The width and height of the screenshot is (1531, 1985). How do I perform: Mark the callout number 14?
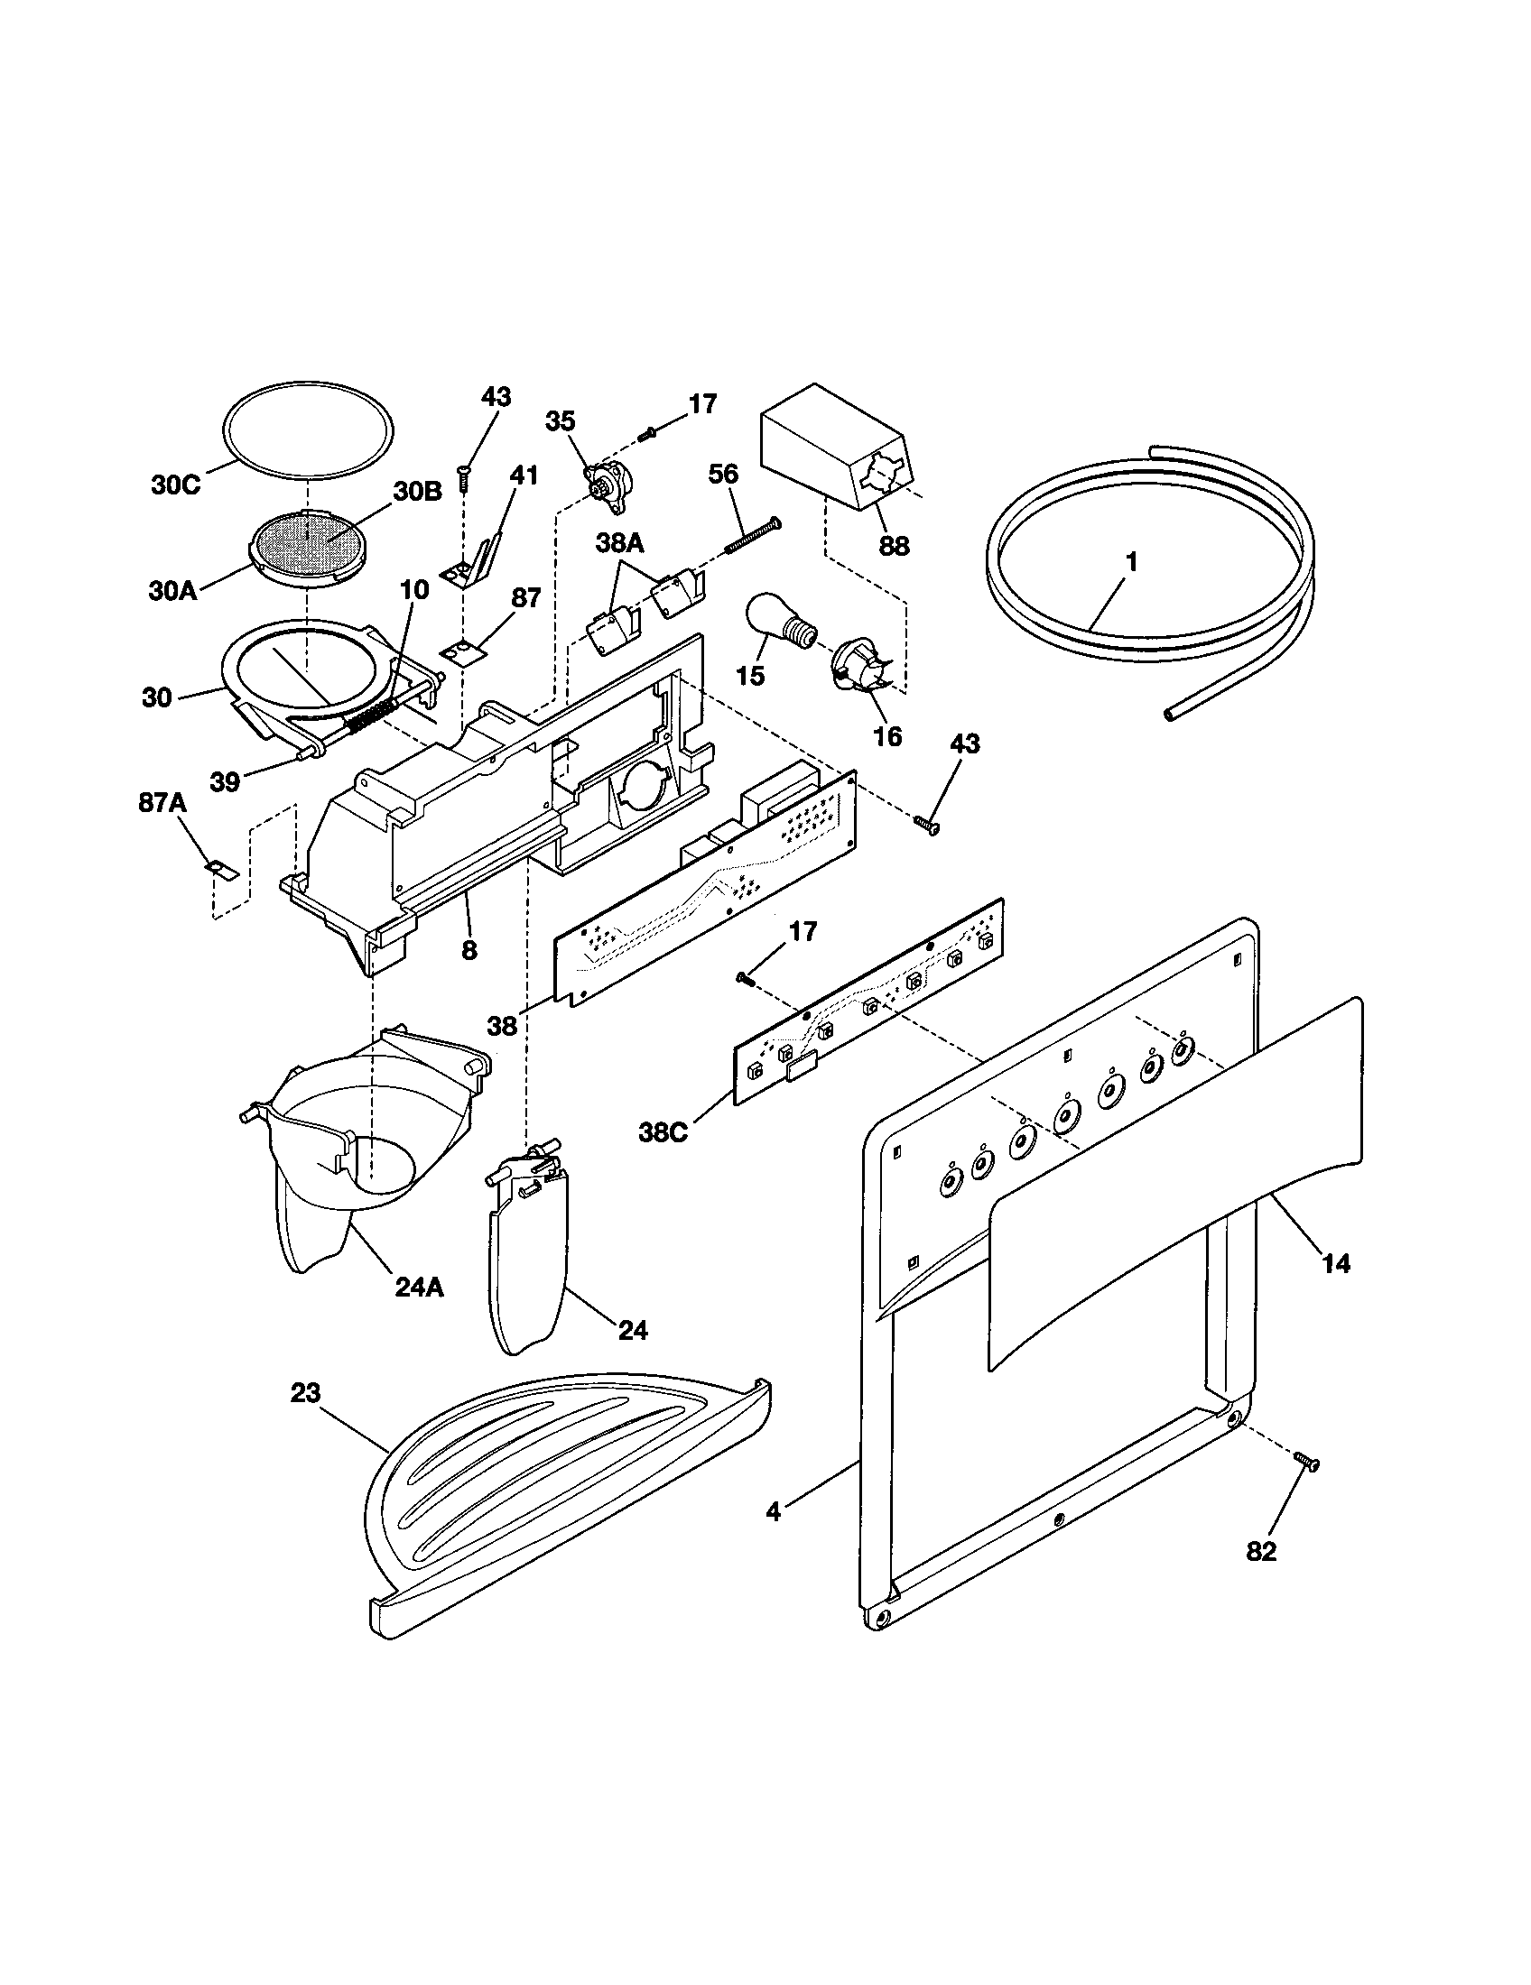click(x=1334, y=1262)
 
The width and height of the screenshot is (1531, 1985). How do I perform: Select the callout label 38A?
click(x=620, y=543)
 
